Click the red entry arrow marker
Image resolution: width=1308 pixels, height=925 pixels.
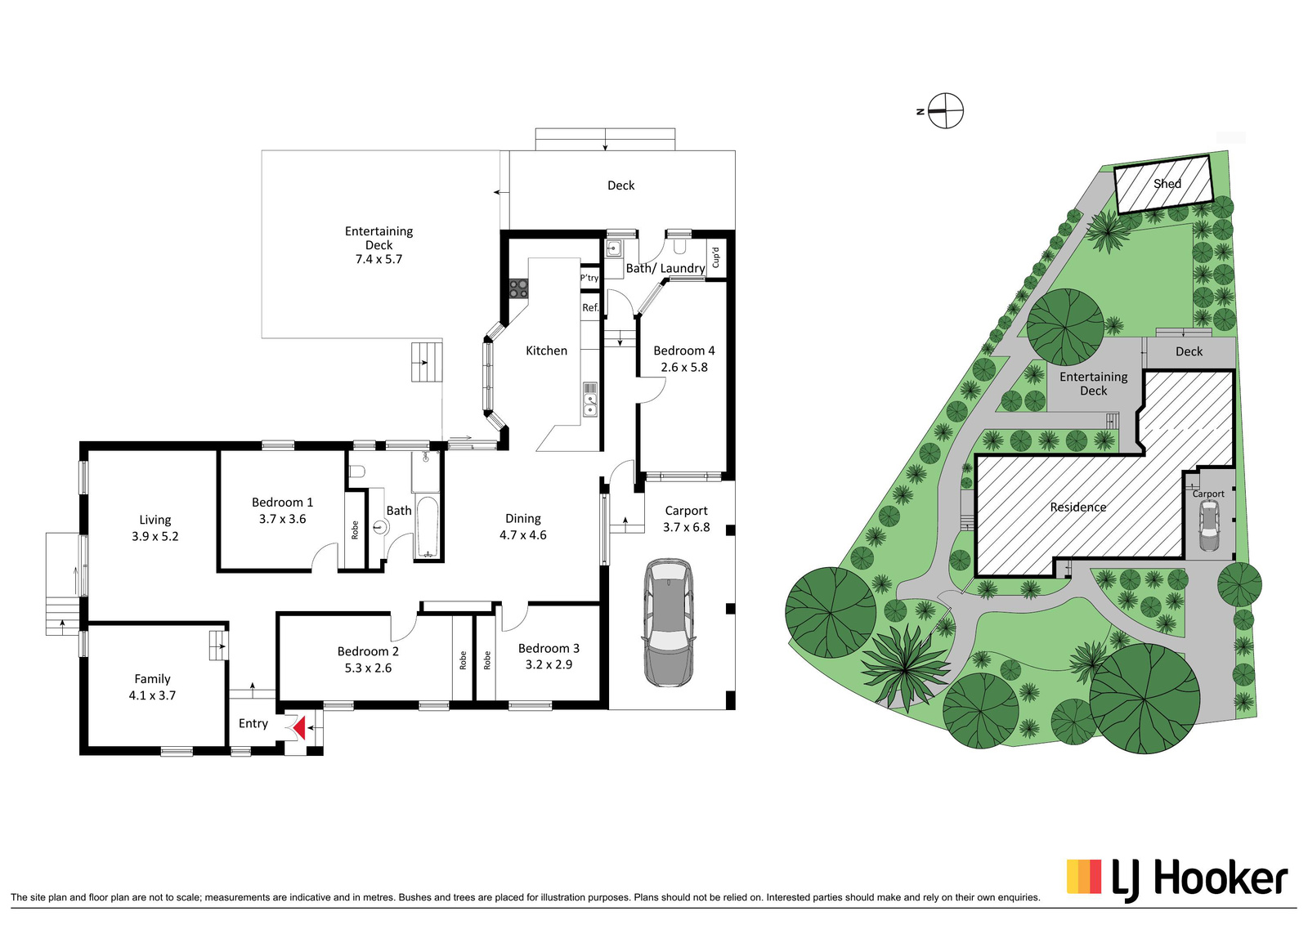299,728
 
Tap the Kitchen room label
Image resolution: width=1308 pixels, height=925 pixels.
546,351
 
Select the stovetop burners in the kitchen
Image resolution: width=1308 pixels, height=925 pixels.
518,289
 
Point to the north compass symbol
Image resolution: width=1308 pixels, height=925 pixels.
945,111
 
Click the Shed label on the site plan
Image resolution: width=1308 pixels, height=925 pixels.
1167,183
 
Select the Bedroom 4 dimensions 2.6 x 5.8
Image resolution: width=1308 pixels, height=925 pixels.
683,367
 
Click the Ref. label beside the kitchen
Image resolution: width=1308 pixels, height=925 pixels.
590,307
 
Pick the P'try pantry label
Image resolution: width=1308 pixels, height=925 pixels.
589,278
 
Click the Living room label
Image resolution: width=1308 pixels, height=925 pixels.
155,520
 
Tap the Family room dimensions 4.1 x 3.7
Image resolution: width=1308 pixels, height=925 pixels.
152,695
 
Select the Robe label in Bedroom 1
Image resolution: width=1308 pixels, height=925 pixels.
355,530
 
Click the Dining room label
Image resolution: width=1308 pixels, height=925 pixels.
522,518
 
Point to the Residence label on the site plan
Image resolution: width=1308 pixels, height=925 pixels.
1078,507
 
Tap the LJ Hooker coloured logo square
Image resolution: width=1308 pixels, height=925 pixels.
1084,876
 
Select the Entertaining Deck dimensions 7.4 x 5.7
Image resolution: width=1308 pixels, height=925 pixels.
379,259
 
